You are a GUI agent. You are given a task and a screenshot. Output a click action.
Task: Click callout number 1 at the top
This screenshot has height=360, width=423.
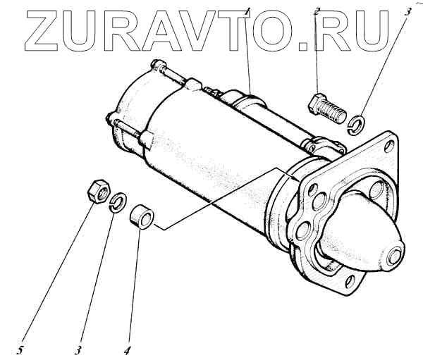click(x=248, y=11)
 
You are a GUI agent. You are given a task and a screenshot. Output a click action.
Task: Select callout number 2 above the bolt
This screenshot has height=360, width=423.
click(x=317, y=11)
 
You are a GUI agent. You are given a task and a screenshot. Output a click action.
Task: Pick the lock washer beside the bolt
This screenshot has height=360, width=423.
click(x=357, y=123)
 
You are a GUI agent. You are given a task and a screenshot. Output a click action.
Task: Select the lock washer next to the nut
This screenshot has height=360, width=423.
click(x=118, y=202)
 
